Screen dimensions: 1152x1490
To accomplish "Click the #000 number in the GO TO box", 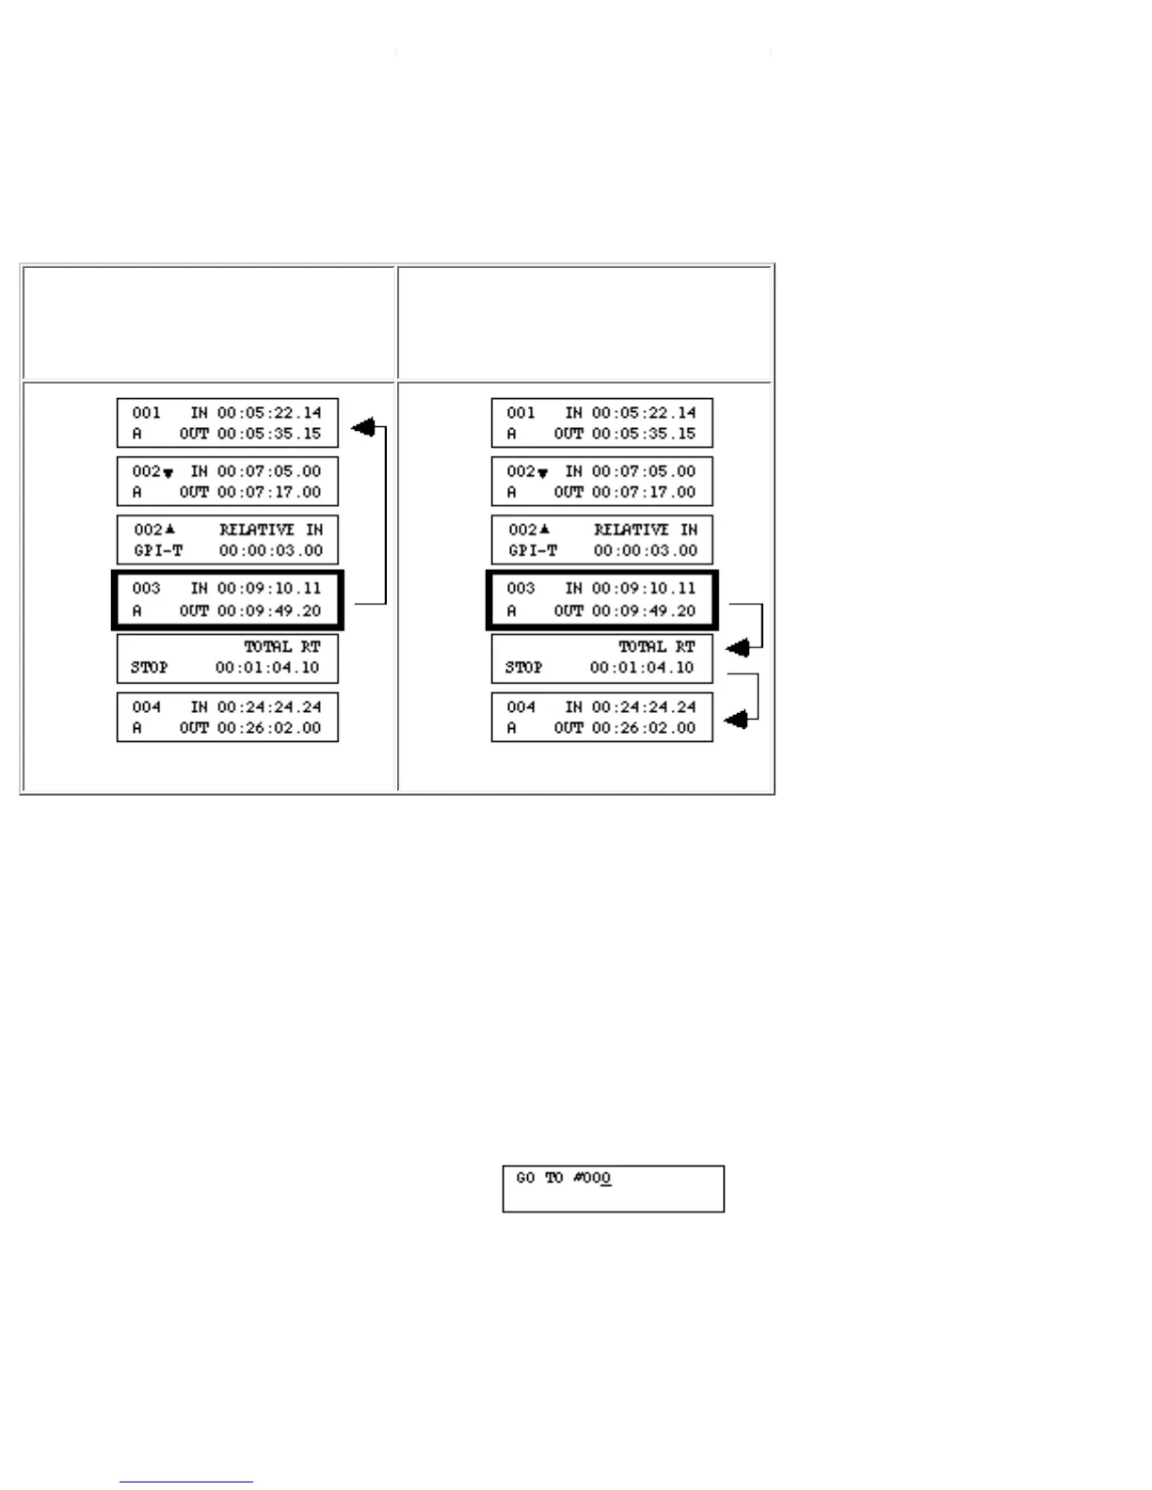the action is [592, 1178].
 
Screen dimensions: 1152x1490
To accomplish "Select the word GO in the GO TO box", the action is [525, 1178].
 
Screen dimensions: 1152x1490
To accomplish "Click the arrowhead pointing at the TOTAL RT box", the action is [739, 648].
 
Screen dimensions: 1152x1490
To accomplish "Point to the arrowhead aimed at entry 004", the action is [737, 720].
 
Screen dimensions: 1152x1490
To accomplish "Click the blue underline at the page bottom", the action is [185, 1482].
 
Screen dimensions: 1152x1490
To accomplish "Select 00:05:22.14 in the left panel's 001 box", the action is [269, 413].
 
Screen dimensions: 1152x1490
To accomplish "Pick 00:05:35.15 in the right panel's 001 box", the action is [644, 434].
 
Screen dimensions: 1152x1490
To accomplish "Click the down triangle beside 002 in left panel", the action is [168, 473].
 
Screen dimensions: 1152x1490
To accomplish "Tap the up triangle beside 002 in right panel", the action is [544, 529].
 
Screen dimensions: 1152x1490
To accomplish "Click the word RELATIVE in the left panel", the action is [257, 530].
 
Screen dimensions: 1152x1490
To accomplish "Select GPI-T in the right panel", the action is [533, 550].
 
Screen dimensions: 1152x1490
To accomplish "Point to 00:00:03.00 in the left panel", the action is [271, 550].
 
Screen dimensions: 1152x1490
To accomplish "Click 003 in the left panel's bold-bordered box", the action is [146, 588].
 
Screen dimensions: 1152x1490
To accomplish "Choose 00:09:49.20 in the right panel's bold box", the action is [644, 610].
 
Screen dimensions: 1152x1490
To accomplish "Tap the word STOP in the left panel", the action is [149, 667].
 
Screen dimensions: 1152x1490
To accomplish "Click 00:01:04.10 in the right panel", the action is [642, 667].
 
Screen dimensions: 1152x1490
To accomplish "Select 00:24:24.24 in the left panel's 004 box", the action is [269, 706].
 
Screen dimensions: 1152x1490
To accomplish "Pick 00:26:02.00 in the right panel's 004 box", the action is [644, 727].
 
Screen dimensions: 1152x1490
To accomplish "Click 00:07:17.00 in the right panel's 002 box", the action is [644, 492].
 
